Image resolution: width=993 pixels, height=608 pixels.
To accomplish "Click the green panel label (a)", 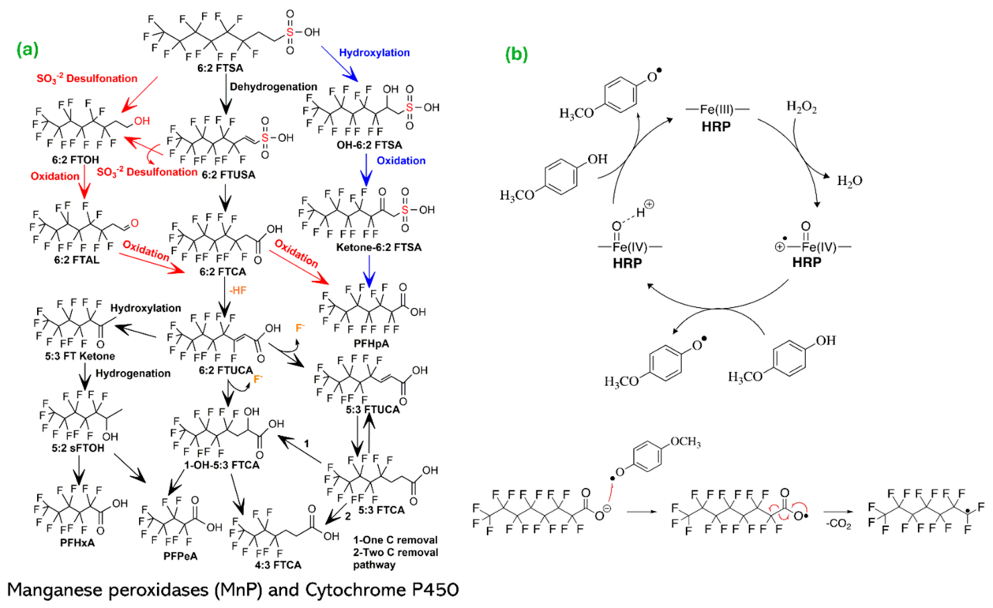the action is pyautogui.click(x=28, y=50).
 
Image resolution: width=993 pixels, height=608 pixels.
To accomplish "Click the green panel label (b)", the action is pyautogui.click(x=516, y=54).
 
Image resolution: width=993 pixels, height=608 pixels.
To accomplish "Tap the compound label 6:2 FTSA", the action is pyautogui.click(x=220, y=68).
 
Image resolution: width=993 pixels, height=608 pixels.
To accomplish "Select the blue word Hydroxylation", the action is pyautogui.click(x=374, y=52).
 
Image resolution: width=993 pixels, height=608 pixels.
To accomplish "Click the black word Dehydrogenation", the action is pyautogui.click(x=274, y=87).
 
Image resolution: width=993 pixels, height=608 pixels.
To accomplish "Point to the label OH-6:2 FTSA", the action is pyautogui.click(x=369, y=145).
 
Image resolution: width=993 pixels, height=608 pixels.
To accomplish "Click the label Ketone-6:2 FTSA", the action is pyautogui.click(x=379, y=247).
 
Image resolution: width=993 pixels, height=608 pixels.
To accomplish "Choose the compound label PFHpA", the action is pyautogui.click(x=372, y=343).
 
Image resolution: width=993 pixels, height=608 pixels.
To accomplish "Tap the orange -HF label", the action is pyautogui.click(x=238, y=291).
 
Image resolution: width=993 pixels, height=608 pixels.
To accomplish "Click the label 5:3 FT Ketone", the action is pyautogui.click(x=80, y=355).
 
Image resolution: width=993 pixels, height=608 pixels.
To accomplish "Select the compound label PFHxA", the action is pyautogui.click(x=77, y=542).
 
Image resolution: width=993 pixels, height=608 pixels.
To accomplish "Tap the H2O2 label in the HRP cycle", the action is pyautogui.click(x=801, y=107).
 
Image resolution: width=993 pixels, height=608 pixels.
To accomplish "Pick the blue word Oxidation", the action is pyautogui.click(x=401, y=160).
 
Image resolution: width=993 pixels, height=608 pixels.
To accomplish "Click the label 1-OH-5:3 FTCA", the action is pyautogui.click(x=222, y=465).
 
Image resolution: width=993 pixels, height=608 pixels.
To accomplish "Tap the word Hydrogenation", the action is pyautogui.click(x=133, y=373).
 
